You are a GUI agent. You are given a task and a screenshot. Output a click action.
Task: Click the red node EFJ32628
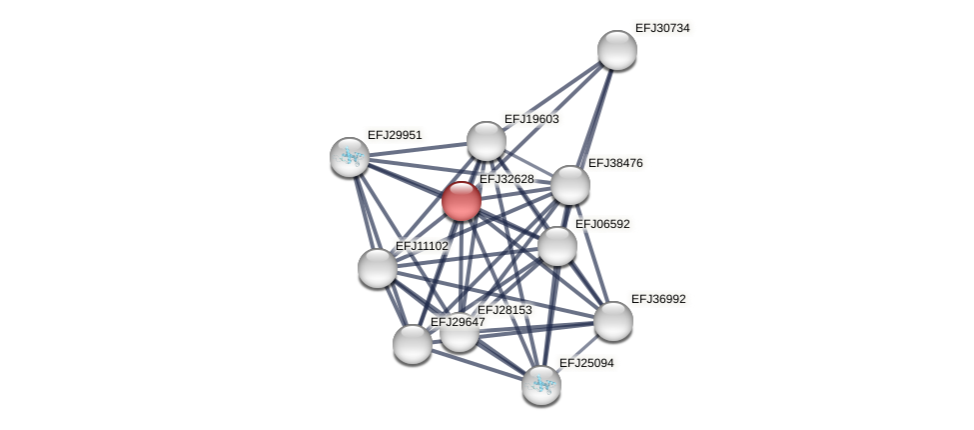[x=461, y=201]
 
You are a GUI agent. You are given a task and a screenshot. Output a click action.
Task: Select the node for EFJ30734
[x=616, y=50]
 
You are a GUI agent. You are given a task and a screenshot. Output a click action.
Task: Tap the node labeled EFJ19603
[x=486, y=141]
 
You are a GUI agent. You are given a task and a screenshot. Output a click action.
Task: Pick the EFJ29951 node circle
[x=350, y=157]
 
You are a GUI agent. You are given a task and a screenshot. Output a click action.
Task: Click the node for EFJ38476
[x=569, y=185]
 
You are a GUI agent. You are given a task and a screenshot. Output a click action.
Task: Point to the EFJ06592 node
[x=556, y=246]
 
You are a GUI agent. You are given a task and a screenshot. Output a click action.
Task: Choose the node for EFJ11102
[x=377, y=268]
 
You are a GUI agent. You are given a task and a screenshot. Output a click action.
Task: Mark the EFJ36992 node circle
[x=612, y=321]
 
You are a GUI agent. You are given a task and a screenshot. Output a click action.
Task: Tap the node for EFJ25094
[x=540, y=385]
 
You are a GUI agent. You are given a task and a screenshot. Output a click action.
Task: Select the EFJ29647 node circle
[x=412, y=344]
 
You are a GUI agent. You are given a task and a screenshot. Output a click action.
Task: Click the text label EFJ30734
[x=662, y=28]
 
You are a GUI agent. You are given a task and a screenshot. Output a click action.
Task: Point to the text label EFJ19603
[x=531, y=119]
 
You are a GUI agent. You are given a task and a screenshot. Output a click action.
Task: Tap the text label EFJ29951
[x=395, y=135]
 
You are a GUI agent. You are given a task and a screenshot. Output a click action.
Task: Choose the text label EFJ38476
[x=615, y=163]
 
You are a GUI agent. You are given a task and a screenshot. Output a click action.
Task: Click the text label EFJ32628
[x=506, y=179]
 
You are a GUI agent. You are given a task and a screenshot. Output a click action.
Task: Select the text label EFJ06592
[x=602, y=224]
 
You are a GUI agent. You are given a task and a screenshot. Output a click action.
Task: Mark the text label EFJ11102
[x=422, y=246]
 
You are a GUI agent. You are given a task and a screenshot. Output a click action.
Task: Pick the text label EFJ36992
[x=658, y=299]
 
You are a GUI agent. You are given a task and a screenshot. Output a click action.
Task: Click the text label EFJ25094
[x=586, y=363]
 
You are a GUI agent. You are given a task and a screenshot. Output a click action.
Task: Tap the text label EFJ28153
[x=504, y=310]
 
